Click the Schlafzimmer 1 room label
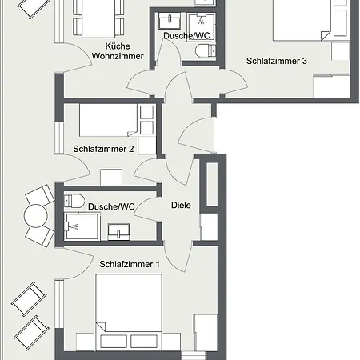coord(130,264)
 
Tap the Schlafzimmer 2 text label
coord(103,149)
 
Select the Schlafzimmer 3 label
coord(277,61)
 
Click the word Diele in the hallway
coord(181,205)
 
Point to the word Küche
coord(118,46)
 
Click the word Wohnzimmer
coord(118,56)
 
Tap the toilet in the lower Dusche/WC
coord(74,201)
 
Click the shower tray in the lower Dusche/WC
coord(82,226)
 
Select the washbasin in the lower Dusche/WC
coord(119,232)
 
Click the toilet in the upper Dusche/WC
coord(206,50)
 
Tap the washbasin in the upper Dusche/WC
coord(170,21)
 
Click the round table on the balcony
coord(36,216)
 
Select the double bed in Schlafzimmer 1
coord(129,312)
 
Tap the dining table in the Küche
coord(98,18)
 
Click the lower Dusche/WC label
coord(111,206)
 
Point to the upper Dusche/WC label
coord(186,36)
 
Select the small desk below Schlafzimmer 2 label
coord(111,177)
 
